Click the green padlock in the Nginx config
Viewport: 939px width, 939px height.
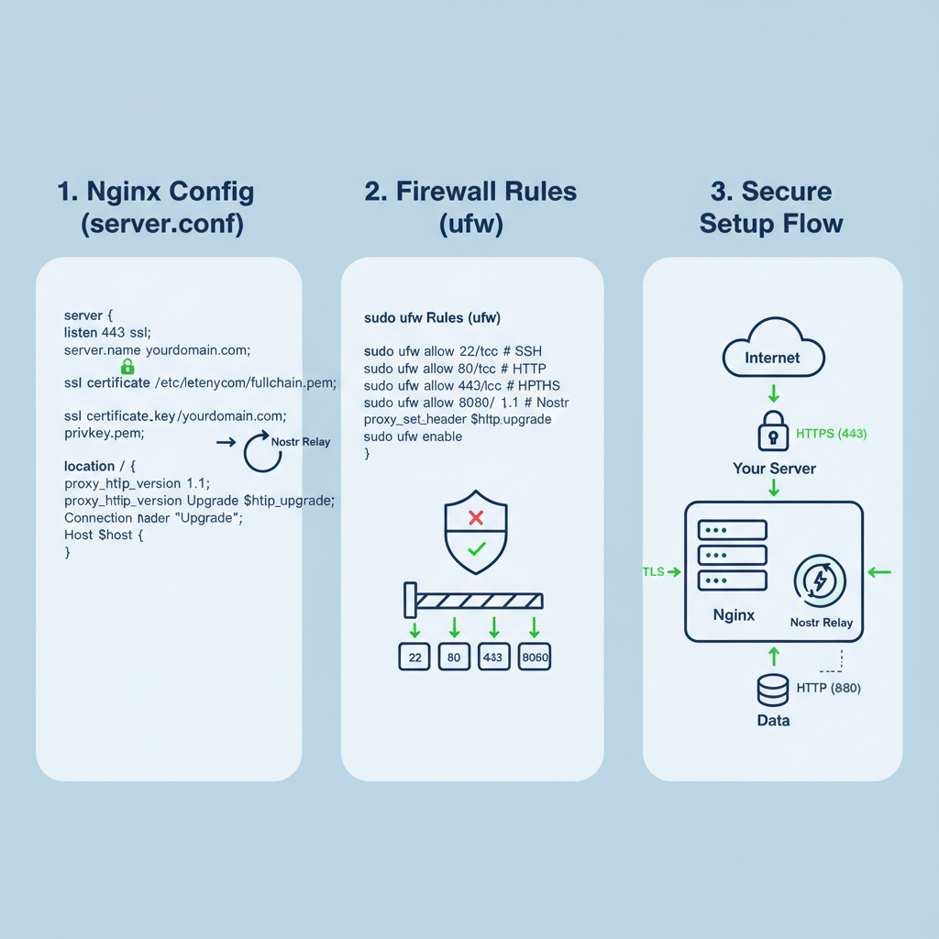pos(127,367)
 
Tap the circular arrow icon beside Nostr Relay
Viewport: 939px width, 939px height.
pos(261,452)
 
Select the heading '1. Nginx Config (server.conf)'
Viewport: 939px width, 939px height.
pos(156,207)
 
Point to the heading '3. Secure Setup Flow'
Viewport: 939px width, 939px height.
pos(771,207)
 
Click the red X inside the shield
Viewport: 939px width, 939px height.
pos(476,518)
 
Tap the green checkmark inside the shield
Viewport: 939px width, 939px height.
pos(476,549)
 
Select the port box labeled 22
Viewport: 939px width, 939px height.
pos(414,657)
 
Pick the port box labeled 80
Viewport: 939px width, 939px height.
pos(454,657)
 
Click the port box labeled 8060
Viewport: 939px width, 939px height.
pos(535,657)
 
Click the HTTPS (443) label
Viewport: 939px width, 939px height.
pos(831,434)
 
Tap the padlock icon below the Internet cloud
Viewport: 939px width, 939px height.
pos(773,431)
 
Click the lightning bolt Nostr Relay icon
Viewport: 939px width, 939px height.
pos(820,581)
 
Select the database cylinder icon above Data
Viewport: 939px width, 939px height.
pos(773,689)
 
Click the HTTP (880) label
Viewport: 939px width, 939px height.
pos(828,688)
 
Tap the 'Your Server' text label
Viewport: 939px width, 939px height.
pos(774,469)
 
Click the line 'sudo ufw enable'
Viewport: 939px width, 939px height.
pos(413,436)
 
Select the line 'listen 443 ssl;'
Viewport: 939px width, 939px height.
pos(106,332)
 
